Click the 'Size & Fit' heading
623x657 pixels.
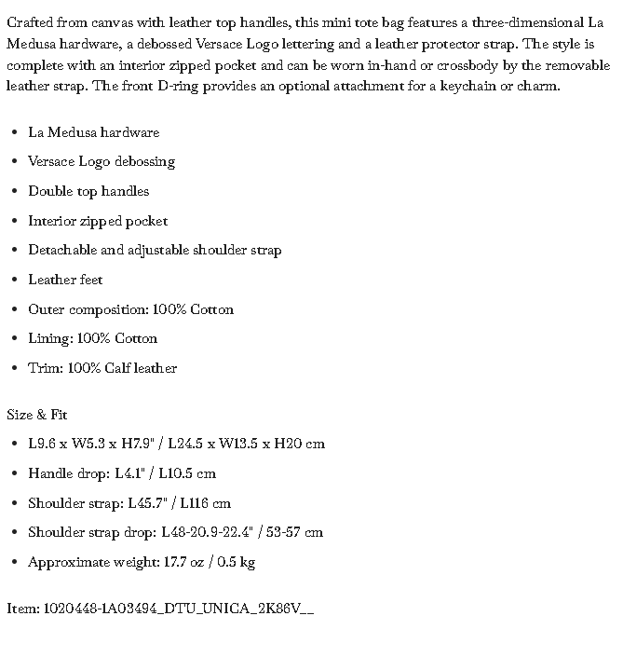coord(37,415)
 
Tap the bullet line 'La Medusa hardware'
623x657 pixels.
coord(93,132)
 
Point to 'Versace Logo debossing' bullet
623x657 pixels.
coord(102,161)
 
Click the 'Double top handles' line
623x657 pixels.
coord(88,191)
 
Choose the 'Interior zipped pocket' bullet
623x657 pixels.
coord(98,221)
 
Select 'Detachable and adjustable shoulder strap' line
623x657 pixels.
coord(155,250)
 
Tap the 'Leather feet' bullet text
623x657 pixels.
coord(65,280)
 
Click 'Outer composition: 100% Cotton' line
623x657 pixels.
coord(130,309)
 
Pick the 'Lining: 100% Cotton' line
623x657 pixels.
coord(92,338)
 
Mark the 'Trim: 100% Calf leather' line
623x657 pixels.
coord(102,368)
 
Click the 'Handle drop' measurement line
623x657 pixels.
coord(122,473)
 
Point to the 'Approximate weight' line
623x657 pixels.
coord(142,562)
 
